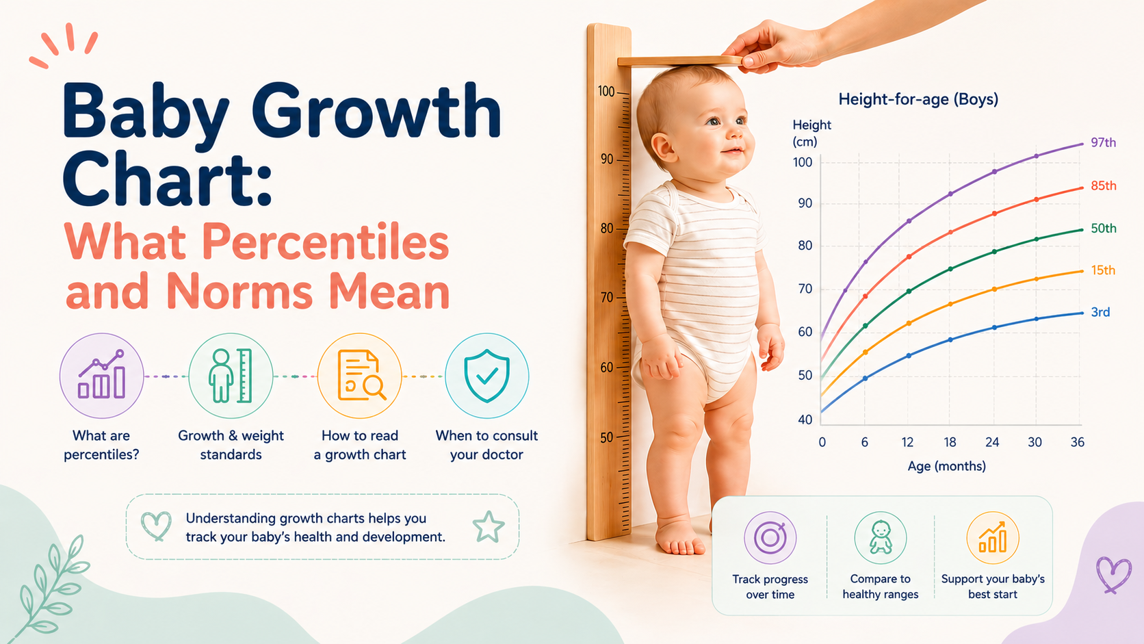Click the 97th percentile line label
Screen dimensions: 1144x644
(1103, 142)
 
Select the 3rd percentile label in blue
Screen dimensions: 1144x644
(1100, 312)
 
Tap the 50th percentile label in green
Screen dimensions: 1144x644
(1103, 229)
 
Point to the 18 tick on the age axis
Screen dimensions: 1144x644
(950, 441)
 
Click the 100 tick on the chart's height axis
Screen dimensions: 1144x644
(803, 162)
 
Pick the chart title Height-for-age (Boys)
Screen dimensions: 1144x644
(918, 99)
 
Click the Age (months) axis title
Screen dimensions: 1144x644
(946, 466)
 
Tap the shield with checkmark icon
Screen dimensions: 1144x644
(486, 376)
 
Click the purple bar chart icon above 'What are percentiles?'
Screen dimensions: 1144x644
(101, 375)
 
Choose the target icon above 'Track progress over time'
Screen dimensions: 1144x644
(770, 537)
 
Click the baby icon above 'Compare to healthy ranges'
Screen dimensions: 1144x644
(881, 537)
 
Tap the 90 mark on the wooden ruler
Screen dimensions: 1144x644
(607, 159)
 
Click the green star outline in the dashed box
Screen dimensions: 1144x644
(489, 526)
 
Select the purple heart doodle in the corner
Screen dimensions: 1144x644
(1113, 575)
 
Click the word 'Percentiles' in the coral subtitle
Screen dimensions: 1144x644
(325, 242)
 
